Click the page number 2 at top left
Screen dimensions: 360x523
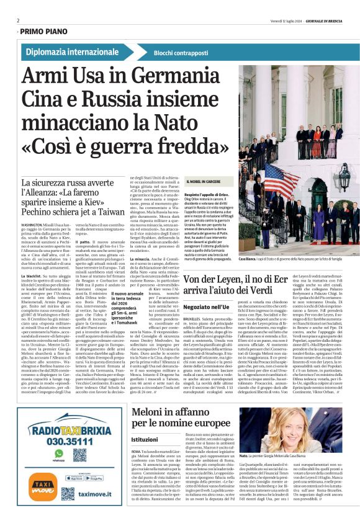(18, 20)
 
